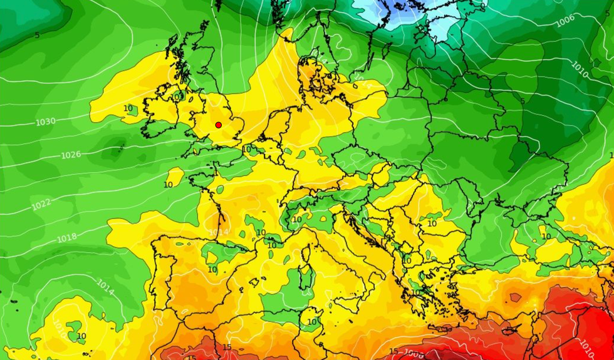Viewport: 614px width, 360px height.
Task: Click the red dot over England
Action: coord(218,125)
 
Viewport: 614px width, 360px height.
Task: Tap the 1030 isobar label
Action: coord(45,121)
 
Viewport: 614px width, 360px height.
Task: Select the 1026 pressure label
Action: coord(70,155)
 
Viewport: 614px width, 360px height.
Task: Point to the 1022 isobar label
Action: coord(41,205)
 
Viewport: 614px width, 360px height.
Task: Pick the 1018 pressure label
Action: coord(66,238)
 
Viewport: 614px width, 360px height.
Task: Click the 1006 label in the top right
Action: coord(565,21)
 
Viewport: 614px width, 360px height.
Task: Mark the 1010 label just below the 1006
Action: coord(580,69)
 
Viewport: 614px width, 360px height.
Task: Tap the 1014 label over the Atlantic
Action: coord(105,287)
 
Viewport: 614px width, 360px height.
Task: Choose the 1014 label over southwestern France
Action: coord(219,232)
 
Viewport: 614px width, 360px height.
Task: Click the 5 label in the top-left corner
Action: coord(37,35)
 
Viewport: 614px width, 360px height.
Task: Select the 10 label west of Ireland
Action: coord(128,108)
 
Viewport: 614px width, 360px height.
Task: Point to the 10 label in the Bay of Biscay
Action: coord(168,185)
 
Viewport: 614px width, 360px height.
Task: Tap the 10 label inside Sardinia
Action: coord(311,322)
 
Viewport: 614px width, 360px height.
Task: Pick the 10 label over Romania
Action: coord(432,224)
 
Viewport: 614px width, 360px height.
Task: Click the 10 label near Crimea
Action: coord(546,236)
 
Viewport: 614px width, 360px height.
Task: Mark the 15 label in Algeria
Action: coord(227,347)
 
